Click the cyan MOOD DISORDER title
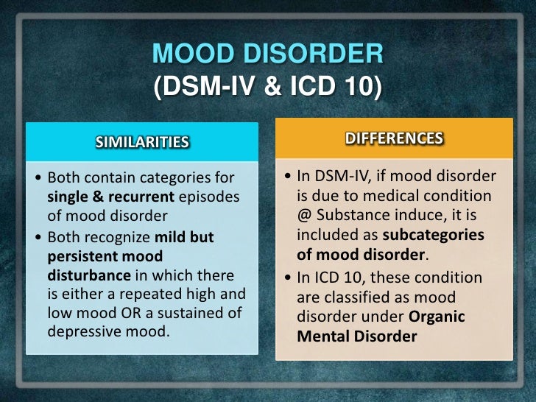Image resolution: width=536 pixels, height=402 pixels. click(x=267, y=54)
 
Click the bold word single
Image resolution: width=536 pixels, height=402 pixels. click(x=66, y=197)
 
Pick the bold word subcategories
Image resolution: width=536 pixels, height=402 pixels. click(x=434, y=234)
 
